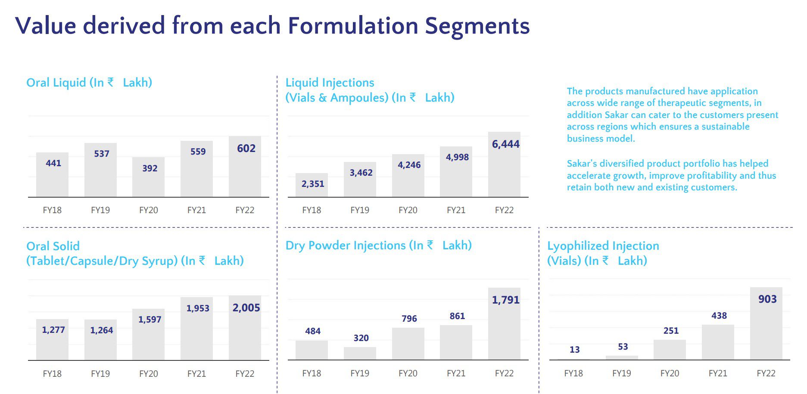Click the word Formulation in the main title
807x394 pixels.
[x=353, y=25]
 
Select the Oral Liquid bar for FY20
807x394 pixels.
[x=148, y=177]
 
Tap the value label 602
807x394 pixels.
[x=246, y=149]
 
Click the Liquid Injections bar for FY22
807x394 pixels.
[x=504, y=164]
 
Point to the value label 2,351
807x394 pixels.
[x=313, y=184]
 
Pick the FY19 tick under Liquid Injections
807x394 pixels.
[x=360, y=210]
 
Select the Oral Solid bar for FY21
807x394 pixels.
[x=196, y=329]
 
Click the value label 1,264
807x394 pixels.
[x=102, y=330]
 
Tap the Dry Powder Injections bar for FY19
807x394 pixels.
[x=360, y=354]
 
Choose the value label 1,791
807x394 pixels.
[x=506, y=300]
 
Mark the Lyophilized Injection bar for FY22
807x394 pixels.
[x=766, y=323]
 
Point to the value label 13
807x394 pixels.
[x=575, y=350]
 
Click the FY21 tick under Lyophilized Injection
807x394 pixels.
[x=718, y=373]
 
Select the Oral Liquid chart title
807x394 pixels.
[x=89, y=82]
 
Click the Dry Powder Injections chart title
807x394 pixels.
[x=379, y=245]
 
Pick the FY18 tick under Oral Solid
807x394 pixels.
[x=52, y=374]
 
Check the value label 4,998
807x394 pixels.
[x=457, y=157]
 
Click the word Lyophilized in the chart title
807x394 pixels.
[x=578, y=246]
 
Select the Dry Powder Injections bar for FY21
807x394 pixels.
[x=456, y=342]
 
